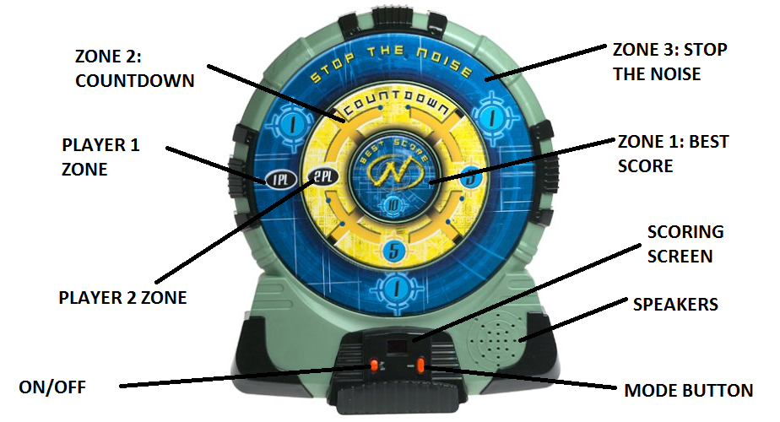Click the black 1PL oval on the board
pyautogui.click(x=277, y=179)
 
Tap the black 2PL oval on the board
pyautogui.click(x=321, y=176)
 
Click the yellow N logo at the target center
pyautogui.click(x=393, y=173)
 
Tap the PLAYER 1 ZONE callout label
pyautogui.click(x=100, y=156)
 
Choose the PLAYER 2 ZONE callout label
pyautogui.click(x=123, y=297)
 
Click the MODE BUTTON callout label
pyautogui.click(x=688, y=390)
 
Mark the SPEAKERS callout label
pyautogui.click(x=675, y=304)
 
